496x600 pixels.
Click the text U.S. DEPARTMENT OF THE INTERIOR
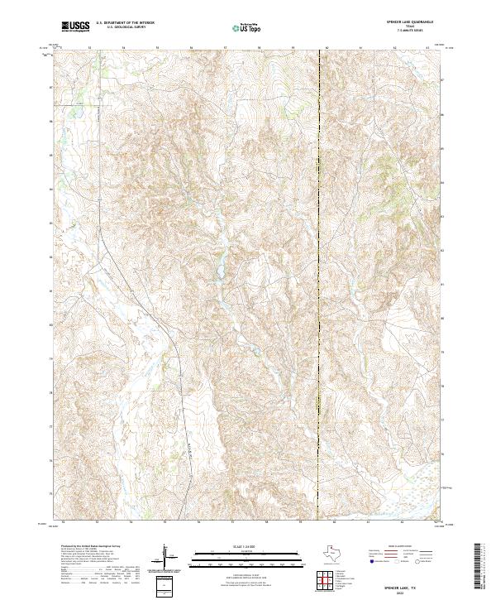(x=125, y=24)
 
